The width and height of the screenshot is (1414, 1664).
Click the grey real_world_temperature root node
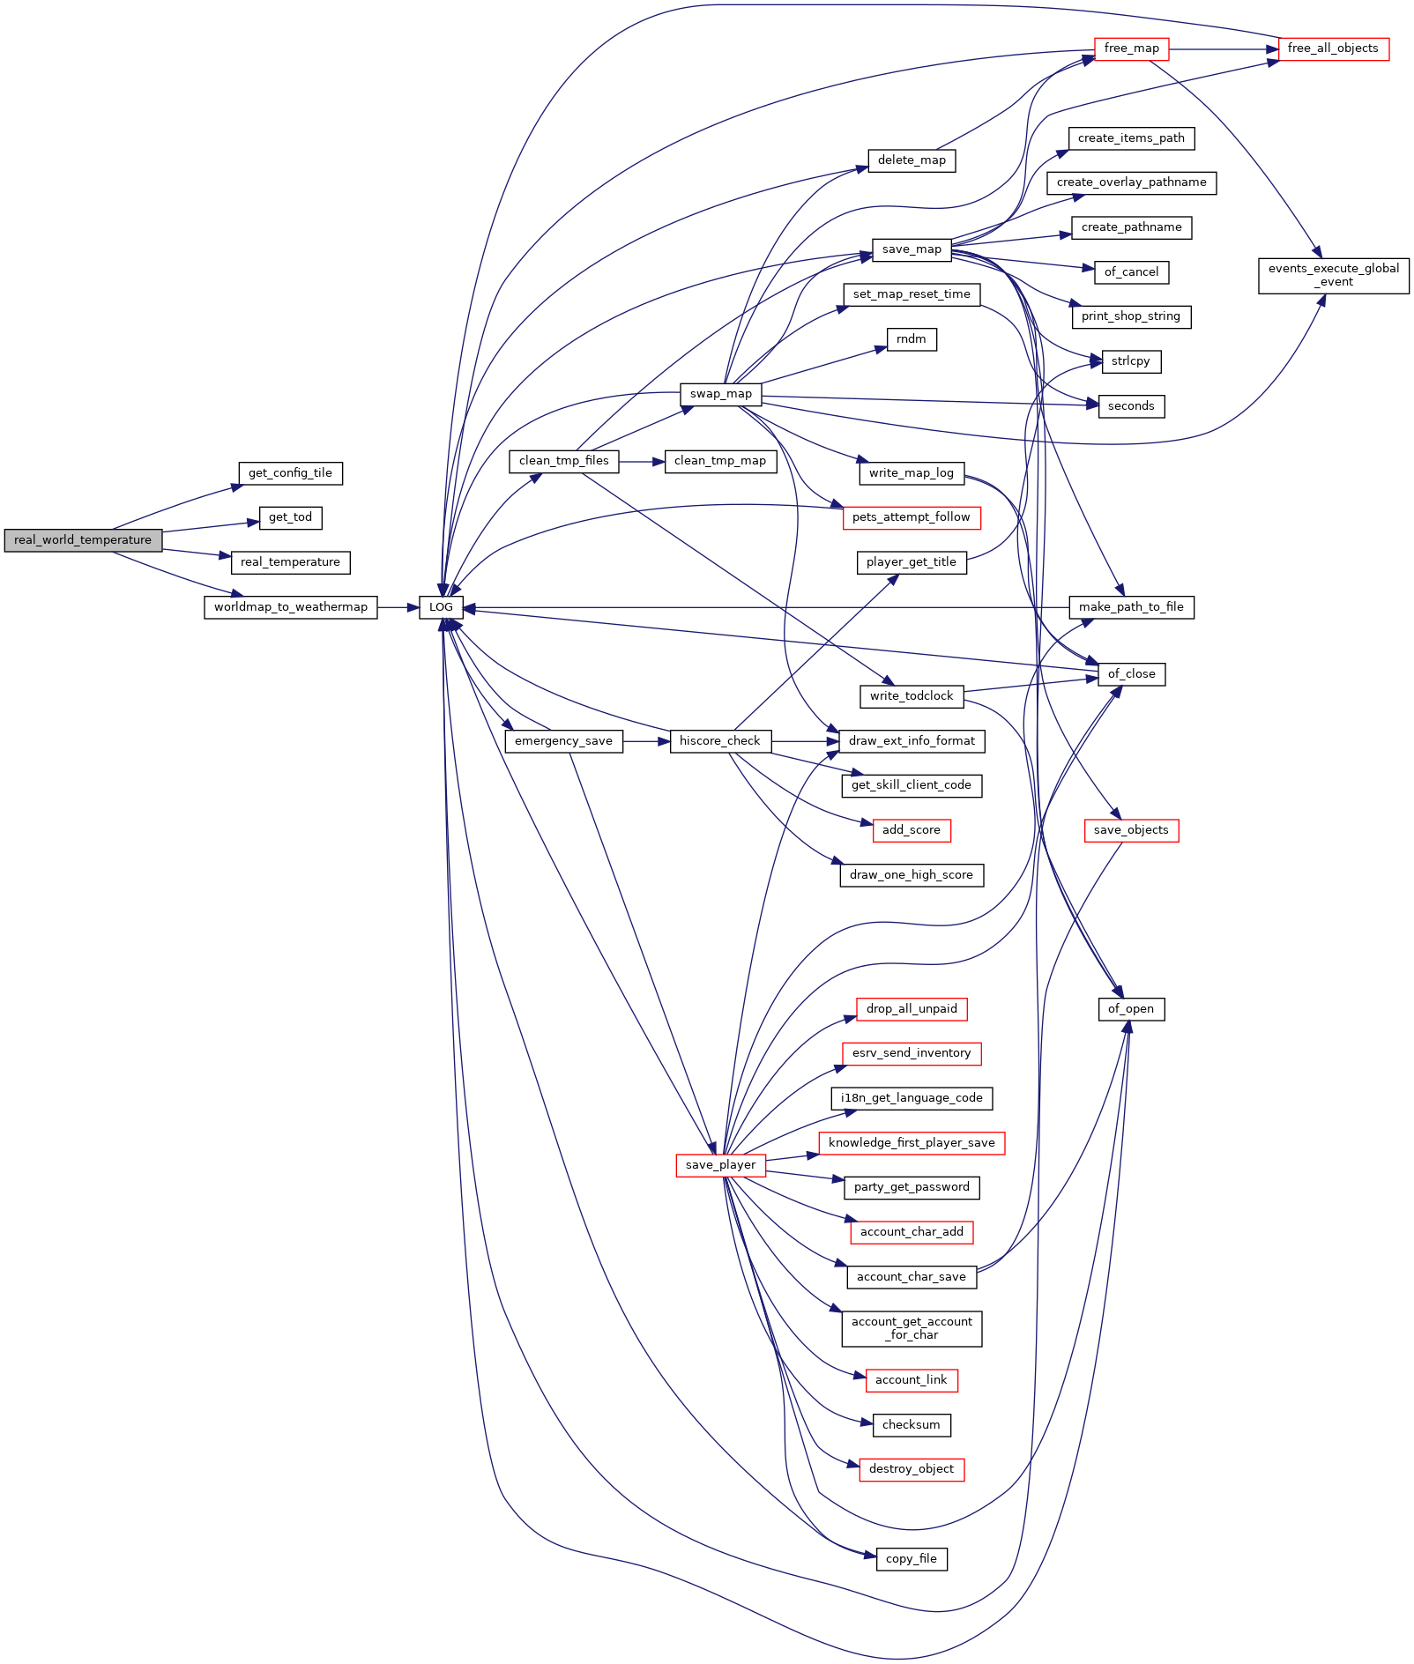tap(83, 540)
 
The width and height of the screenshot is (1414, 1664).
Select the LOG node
tap(441, 607)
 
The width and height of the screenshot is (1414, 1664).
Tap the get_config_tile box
tap(290, 473)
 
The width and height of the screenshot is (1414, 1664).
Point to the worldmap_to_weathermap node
tap(290, 607)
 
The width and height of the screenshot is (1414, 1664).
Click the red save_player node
tap(720, 1165)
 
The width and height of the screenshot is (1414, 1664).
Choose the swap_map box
tap(720, 394)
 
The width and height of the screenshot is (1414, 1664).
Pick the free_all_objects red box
tap(1332, 48)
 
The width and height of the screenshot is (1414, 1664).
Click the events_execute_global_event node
tap(1333, 275)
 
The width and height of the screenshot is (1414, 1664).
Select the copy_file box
tap(911, 1559)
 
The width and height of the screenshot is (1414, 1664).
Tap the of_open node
tap(1130, 1009)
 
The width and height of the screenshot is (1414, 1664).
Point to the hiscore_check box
tap(719, 741)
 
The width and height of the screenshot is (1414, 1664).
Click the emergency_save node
tap(563, 741)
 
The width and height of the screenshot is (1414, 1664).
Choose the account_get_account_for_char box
tap(911, 1328)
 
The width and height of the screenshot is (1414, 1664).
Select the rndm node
tap(911, 339)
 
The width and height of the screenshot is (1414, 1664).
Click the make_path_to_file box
tap(1130, 607)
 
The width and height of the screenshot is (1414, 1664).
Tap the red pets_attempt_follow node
tap(911, 517)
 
